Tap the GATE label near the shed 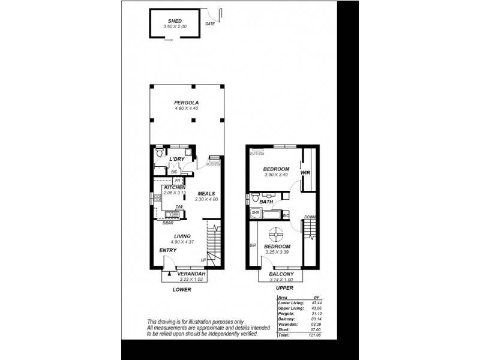coord(210,24)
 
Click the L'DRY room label coord(176,158)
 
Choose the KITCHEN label coord(175,187)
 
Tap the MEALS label coord(206,193)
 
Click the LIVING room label coord(182,236)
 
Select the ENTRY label coord(167,250)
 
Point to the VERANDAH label coord(192,273)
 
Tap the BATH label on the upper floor coord(266,202)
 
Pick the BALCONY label coord(281,273)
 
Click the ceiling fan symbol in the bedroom coord(277,234)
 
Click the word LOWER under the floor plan coord(181,289)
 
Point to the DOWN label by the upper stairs coord(310,217)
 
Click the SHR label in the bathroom coord(255,213)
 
